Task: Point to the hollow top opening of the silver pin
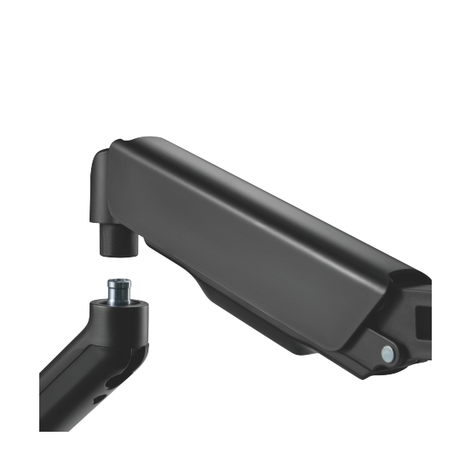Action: pyautogui.click(x=119, y=279)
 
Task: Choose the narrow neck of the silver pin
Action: pyautogui.click(x=119, y=295)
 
